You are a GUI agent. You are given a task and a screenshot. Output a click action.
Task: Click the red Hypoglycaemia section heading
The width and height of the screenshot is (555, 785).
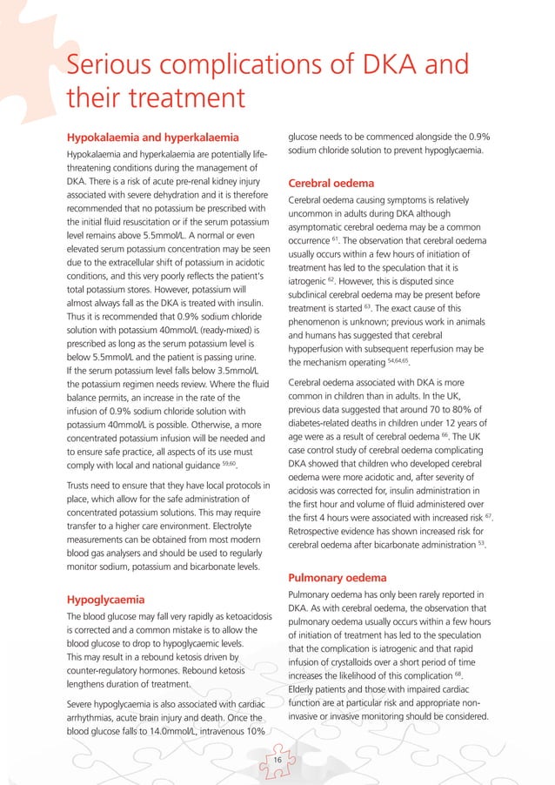click(x=105, y=599)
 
